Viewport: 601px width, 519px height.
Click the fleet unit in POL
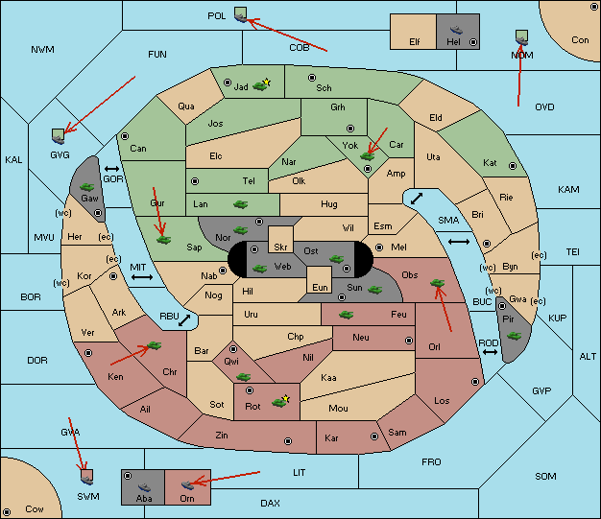[240, 15]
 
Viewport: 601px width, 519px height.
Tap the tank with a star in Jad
[261, 84]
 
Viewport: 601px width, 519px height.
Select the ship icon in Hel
[456, 30]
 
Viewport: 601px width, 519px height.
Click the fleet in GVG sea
[58, 136]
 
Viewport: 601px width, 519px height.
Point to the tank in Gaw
[87, 187]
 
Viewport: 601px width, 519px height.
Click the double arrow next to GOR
[111, 169]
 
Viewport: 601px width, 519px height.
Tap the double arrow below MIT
[142, 277]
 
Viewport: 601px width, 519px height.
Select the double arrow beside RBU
[184, 320]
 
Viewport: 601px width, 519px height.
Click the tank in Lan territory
[240, 204]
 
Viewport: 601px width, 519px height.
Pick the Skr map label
[280, 248]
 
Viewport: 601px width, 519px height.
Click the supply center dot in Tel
[195, 181]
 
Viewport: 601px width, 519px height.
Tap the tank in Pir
[514, 336]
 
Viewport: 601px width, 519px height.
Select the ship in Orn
[187, 484]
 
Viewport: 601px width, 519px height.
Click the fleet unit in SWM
[87, 477]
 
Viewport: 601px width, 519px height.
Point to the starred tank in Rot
[281, 401]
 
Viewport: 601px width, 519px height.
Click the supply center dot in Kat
[513, 166]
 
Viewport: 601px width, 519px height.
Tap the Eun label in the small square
[320, 288]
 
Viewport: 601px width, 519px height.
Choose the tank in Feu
[347, 315]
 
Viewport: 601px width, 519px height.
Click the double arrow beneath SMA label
[459, 242]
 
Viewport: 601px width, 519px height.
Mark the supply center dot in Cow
[7, 512]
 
